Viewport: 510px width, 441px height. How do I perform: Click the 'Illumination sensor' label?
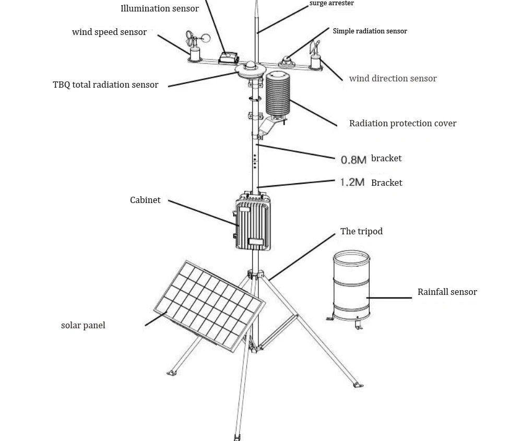[159, 8]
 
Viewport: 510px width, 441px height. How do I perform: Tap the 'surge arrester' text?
[331, 4]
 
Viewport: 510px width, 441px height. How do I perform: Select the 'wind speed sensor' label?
[109, 32]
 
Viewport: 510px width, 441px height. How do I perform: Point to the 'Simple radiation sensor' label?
[370, 31]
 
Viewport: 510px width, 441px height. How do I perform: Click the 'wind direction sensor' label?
[393, 79]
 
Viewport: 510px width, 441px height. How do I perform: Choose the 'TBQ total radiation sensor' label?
[105, 85]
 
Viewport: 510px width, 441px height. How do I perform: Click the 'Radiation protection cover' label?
[402, 124]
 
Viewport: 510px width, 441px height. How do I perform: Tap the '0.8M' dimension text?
[353, 160]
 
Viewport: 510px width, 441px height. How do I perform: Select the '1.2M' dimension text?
[352, 182]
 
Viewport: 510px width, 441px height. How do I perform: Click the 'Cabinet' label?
[145, 200]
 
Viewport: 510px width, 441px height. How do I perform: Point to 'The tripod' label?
[361, 232]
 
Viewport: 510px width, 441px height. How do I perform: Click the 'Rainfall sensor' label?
[447, 292]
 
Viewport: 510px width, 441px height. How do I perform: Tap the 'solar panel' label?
[83, 326]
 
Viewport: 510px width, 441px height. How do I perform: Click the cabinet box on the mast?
[253, 222]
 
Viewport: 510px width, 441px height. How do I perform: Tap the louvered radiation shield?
[277, 94]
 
